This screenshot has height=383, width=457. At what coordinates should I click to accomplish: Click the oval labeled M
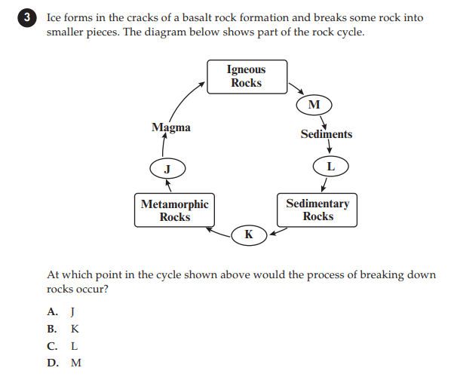click(314, 105)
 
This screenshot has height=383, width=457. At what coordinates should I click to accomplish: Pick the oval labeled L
click(330, 167)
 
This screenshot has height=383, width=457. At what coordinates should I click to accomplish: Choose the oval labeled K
click(249, 235)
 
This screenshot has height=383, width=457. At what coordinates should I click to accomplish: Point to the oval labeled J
click(167, 168)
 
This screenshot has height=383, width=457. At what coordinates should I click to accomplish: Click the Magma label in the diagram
click(171, 127)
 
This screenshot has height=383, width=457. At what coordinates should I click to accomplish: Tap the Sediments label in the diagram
click(327, 134)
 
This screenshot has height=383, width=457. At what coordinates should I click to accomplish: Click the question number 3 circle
click(27, 18)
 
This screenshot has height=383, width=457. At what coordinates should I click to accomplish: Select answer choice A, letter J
click(73, 311)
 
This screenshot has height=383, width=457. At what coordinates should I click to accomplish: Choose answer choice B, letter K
click(75, 329)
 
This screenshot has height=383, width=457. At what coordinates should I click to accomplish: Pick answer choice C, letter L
click(75, 346)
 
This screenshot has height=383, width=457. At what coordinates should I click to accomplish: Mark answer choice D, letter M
click(76, 363)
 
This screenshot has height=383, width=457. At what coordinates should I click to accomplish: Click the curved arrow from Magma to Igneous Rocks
click(182, 99)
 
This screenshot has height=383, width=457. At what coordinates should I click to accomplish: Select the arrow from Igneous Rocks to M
click(296, 89)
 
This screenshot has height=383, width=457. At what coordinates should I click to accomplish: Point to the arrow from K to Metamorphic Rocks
click(218, 232)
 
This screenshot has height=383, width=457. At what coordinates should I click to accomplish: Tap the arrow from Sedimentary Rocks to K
click(278, 231)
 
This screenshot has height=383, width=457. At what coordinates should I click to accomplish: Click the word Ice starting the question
click(54, 18)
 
